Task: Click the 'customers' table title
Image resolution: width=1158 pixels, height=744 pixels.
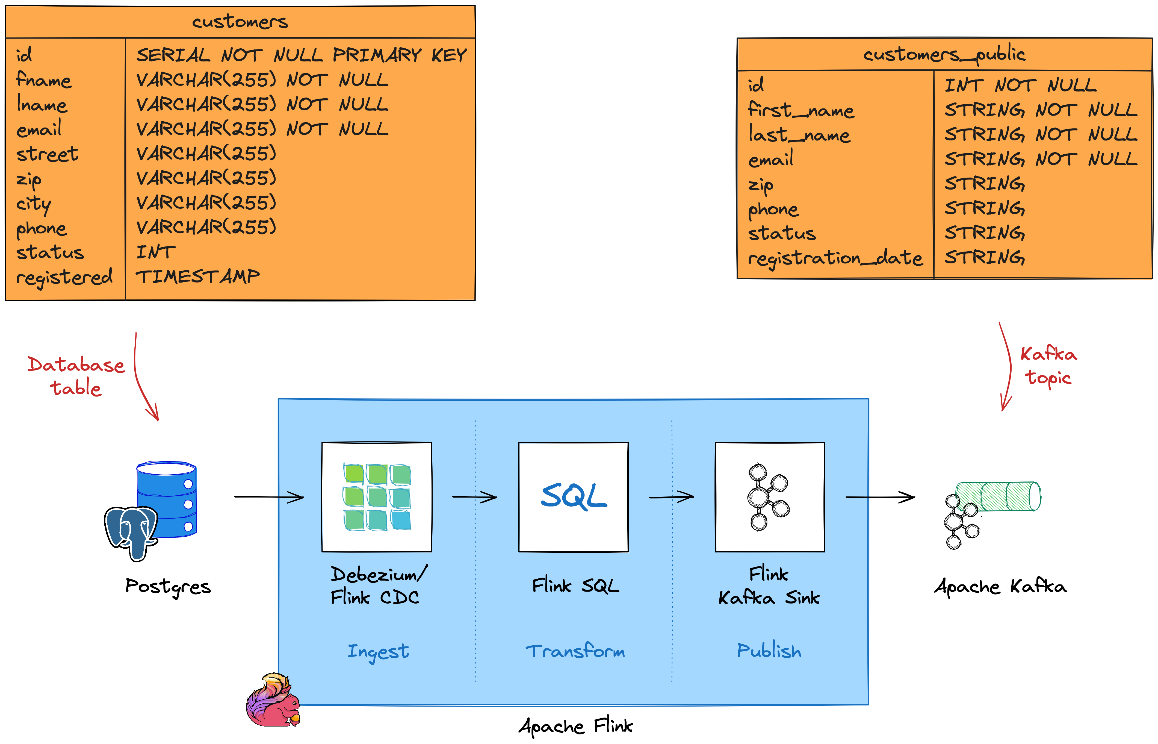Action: click(x=240, y=22)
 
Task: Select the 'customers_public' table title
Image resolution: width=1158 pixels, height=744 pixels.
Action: click(x=944, y=54)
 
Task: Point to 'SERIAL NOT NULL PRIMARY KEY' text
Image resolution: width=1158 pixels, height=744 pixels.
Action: click(x=301, y=55)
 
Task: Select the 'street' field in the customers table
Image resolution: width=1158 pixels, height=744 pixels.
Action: click(x=47, y=154)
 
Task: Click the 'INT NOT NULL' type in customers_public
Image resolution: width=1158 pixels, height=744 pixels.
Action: click(x=1020, y=86)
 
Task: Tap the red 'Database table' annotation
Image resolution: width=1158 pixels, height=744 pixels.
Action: click(x=76, y=376)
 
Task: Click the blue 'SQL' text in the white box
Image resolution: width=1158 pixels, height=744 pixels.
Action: click(x=574, y=497)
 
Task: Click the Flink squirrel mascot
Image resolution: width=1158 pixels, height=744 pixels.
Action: click(x=273, y=701)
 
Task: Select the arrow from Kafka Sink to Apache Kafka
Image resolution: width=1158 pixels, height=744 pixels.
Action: click(x=880, y=497)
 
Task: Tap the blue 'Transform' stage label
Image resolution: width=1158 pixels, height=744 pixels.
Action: click(x=575, y=651)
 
